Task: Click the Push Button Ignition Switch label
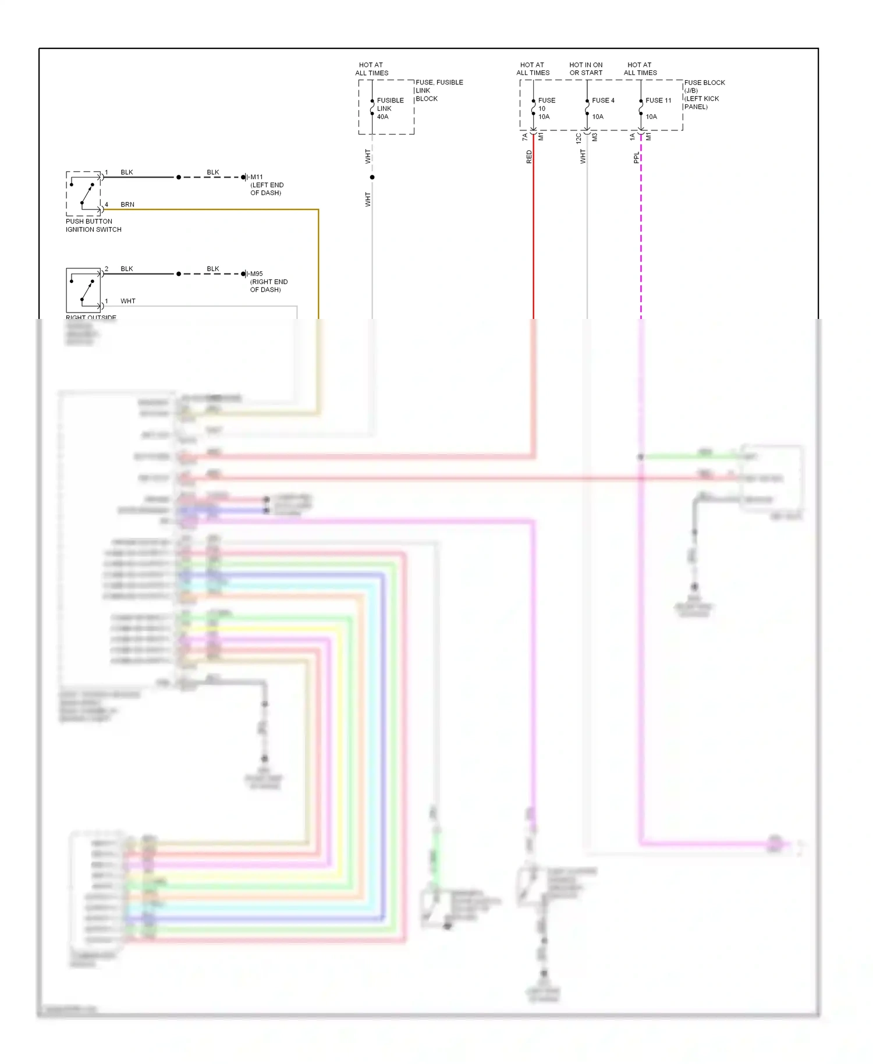click(x=93, y=225)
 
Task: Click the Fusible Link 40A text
click(x=390, y=108)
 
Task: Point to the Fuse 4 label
click(x=603, y=100)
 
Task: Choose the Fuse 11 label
click(x=658, y=100)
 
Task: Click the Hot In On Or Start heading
click(x=585, y=69)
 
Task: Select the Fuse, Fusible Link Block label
click(x=439, y=90)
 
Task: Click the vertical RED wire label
click(x=529, y=157)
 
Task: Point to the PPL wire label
click(x=636, y=157)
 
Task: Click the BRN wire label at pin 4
click(x=127, y=204)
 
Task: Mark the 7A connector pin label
click(x=524, y=137)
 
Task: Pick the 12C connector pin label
click(x=578, y=138)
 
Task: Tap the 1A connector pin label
click(x=632, y=137)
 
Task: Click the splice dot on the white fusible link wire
click(x=372, y=177)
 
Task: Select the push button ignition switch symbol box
click(x=83, y=193)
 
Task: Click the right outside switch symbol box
click(x=83, y=290)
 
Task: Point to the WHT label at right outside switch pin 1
click(x=127, y=301)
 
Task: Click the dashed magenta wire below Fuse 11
click(x=641, y=233)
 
